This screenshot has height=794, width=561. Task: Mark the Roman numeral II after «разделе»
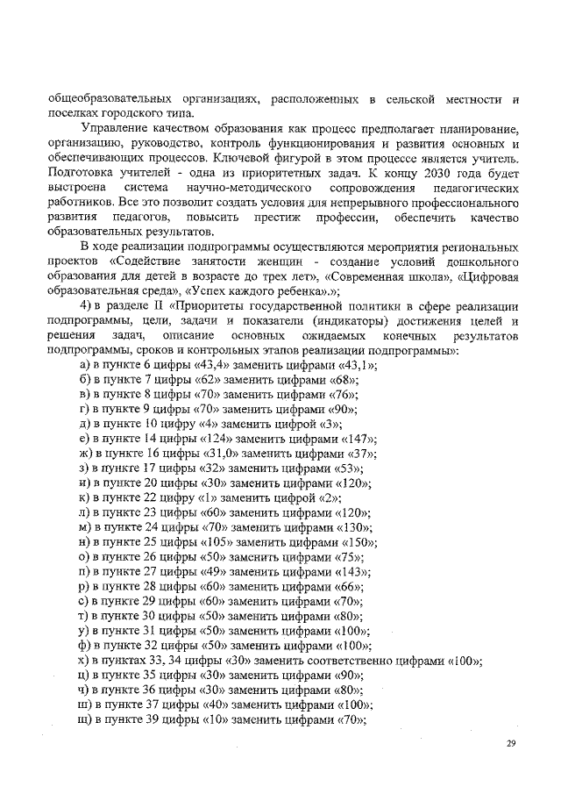tap(155, 306)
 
